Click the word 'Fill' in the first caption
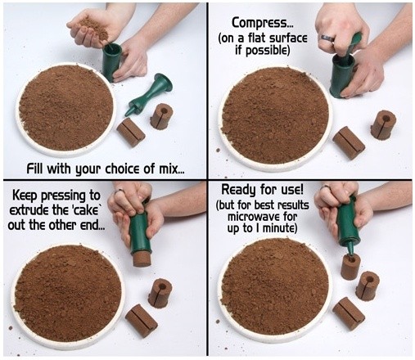35,169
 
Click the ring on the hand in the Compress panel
327,38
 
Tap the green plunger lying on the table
149,94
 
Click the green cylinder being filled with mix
111,62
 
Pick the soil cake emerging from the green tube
142,259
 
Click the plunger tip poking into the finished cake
350,250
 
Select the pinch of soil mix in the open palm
94,29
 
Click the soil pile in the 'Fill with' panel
66,107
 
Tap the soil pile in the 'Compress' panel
275,115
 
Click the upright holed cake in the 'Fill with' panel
161,116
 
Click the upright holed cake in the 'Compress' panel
383,124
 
